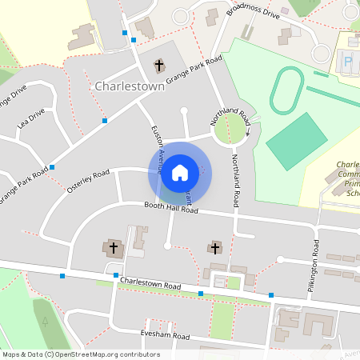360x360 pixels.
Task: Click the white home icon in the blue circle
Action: click(180, 172)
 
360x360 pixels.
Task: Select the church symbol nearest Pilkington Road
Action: click(214, 248)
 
